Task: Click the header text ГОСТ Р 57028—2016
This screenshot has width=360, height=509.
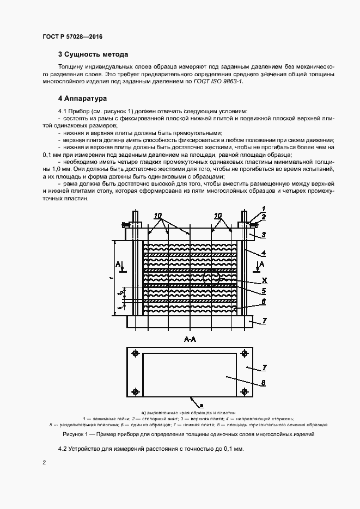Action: [x=72, y=36]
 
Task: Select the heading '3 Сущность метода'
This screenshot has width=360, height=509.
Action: [x=93, y=54]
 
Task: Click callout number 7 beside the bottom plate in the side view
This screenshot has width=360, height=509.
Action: [x=264, y=321]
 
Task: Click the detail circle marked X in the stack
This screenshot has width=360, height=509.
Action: [x=211, y=278]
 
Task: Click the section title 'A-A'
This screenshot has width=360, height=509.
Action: [x=190, y=339]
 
